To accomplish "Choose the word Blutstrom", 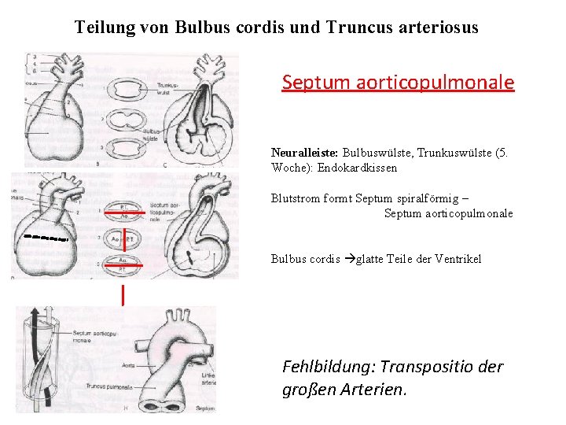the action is pyautogui.click(x=295, y=198).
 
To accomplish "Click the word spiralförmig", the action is pyautogui.click(x=432, y=198).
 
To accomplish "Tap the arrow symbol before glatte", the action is pyautogui.click(x=349, y=259).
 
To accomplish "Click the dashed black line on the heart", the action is pyautogui.click(x=46, y=236).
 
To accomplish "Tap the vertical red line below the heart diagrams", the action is pyautogui.click(x=123, y=295).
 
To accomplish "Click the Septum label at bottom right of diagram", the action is pyautogui.click(x=204, y=408).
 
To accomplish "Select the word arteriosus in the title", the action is pyautogui.click(x=439, y=28).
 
